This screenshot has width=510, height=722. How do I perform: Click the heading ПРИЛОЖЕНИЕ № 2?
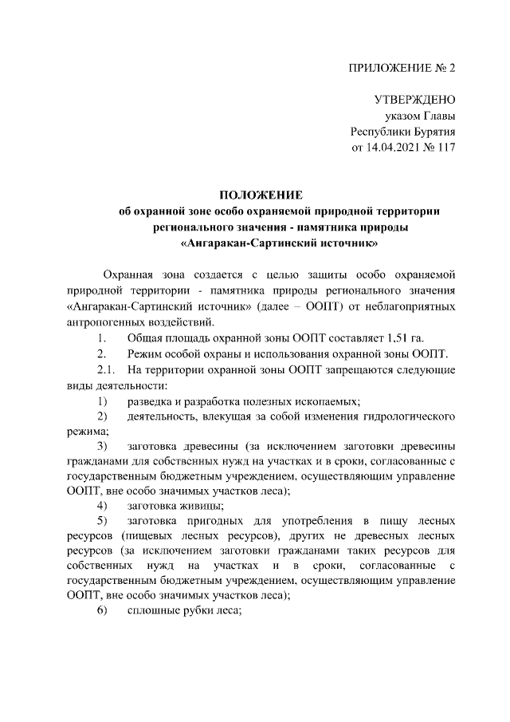tap(402, 68)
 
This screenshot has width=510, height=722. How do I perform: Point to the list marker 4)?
tap(103, 505)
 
